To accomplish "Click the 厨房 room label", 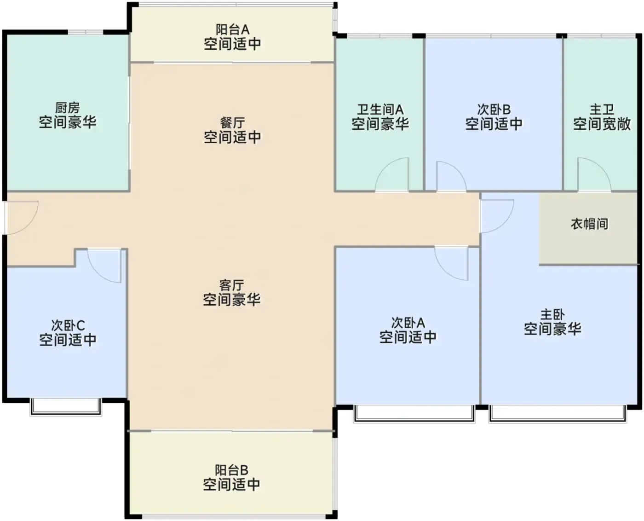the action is click(x=68, y=108).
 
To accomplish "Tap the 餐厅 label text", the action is click(x=232, y=123).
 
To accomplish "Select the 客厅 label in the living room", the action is click(x=231, y=285).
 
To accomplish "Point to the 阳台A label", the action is click(x=232, y=29).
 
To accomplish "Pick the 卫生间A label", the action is click(x=380, y=109).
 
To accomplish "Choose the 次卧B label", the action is click(x=494, y=110).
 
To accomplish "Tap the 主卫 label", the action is click(x=602, y=110).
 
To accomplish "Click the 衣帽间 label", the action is click(x=589, y=224).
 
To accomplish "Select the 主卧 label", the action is click(x=552, y=315).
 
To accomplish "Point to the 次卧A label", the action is click(x=408, y=323).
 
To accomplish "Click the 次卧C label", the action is click(x=68, y=325).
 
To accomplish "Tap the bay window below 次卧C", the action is click(x=66, y=407).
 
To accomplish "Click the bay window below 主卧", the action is click(x=558, y=414).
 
